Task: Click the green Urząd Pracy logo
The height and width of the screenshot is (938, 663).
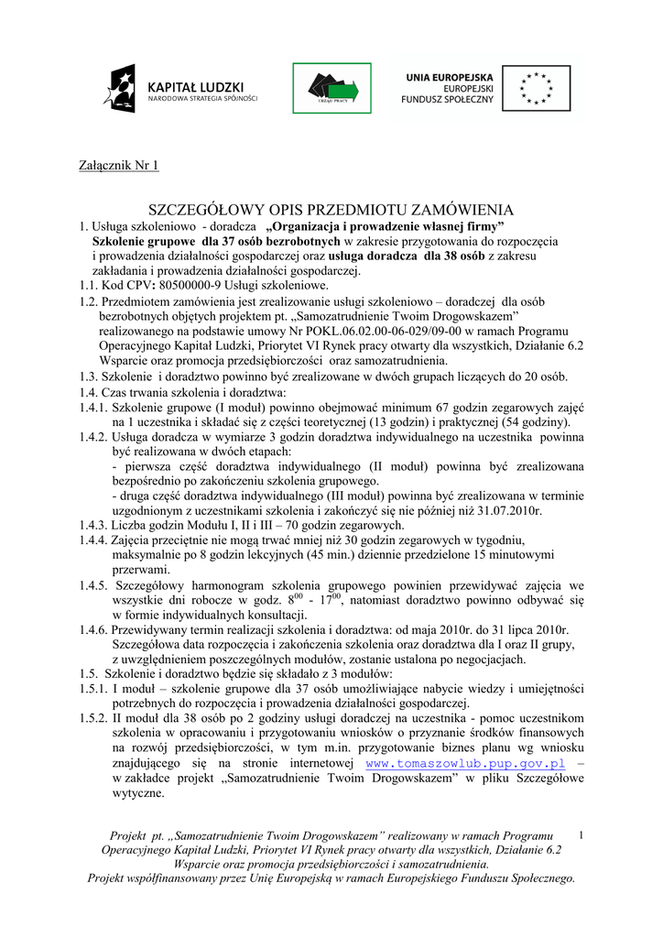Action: pos(331,88)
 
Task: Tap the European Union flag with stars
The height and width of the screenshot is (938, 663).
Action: pos(536,88)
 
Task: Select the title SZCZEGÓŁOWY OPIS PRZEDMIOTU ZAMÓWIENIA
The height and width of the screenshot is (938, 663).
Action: pos(331,210)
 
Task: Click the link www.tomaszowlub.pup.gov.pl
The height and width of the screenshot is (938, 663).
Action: pos(465,762)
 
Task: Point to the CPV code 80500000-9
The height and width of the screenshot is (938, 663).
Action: pos(190,286)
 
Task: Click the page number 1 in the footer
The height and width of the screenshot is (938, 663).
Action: pos(582,834)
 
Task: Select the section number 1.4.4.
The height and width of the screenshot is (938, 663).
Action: pos(93,540)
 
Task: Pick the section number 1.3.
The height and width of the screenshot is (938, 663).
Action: pos(88,376)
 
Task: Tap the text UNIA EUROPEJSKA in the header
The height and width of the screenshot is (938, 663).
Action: pos(450,77)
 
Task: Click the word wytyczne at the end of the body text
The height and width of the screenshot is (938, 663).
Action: pos(138,792)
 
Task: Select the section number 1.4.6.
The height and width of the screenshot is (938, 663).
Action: pos(93,629)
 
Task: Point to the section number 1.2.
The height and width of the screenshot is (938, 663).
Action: pos(88,301)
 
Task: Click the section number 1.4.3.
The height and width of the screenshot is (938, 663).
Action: pos(93,526)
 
